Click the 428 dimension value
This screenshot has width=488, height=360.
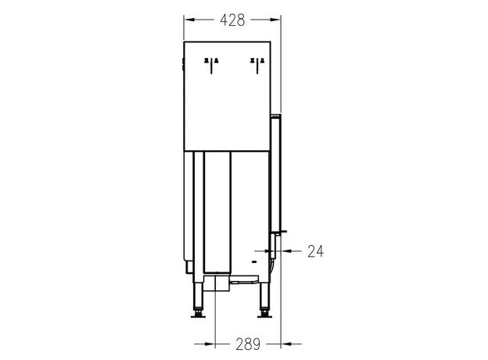coord(232,20)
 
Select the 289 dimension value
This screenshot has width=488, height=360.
coord(248,344)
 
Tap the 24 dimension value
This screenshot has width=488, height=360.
coord(316,251)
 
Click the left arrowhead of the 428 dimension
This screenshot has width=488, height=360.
coord(189,20)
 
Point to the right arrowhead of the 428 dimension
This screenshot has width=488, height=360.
coord(275,20)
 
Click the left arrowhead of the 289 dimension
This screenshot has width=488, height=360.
coord(210,344)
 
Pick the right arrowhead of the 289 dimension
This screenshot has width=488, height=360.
coord(286,344)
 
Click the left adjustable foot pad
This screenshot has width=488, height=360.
coord(198,316)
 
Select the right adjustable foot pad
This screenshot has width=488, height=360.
coord(265,316)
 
